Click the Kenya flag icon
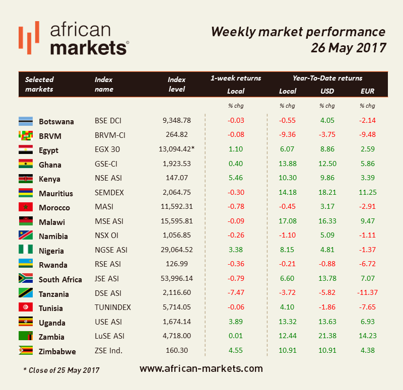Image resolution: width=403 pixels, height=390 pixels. coord(26,179)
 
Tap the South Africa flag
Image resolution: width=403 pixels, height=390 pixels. coord(26,279)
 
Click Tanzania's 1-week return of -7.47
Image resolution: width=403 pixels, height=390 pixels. coord(235,293)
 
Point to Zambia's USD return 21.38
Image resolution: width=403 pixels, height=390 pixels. coord(327,337)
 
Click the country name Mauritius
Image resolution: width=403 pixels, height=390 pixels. coord(55,193)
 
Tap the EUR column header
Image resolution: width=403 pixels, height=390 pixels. coord(367,91)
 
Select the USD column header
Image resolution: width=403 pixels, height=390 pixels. coord(327,91)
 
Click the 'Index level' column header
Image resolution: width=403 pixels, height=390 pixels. coord(177,84)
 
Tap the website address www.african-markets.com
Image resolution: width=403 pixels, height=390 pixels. coord(201,368)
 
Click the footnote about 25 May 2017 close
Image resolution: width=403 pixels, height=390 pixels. coord(61,370)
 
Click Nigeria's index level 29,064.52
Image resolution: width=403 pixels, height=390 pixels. coord(177,250)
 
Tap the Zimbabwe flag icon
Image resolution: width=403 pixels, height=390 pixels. coord(26,351)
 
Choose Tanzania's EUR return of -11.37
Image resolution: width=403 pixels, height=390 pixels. coord(367,293)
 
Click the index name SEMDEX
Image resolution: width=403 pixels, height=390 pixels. coord(109,193)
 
